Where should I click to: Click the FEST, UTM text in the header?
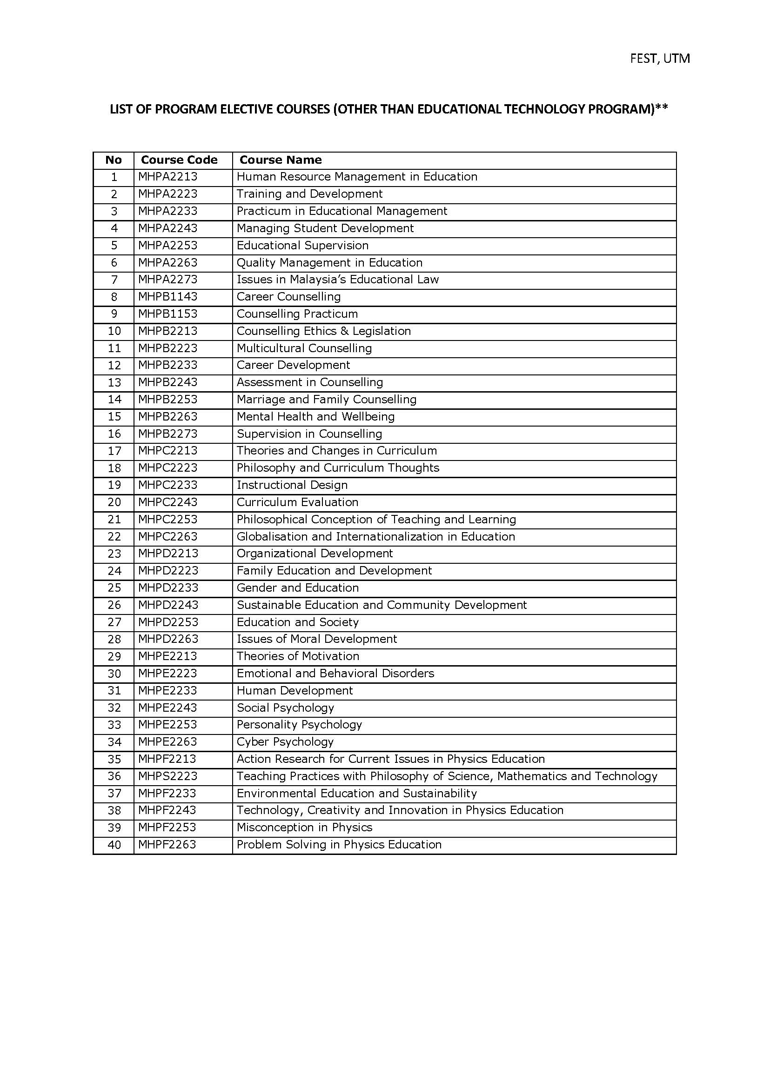click(x=660, y=58)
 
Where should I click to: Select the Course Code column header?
click(x=179, y=160)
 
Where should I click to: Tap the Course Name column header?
click(x=280, y=160)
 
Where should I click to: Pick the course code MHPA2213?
click(x=167, y=177)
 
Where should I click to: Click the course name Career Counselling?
click(x=288, y=297)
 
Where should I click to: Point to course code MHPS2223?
click(x=167, y=776)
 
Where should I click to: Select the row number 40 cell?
click(x=114, y=845)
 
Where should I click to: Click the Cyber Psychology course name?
click(x=285, y=742)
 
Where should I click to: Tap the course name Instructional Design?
click(x=292, y=485)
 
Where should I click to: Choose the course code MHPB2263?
click(x=167, y=417)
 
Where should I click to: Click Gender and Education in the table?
click(x=298, y=588)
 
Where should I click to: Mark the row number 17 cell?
click(x=114, y=451)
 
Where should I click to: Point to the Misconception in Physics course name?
click(x=304, y=827)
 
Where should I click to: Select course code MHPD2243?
click(x=168, y=605)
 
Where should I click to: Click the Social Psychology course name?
click(x=285, y=708)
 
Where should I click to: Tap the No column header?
click(x=114, y=160)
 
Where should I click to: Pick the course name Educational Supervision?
click(x=302, y=246)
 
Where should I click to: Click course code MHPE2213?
click(x=167, y=656)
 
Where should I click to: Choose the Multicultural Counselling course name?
click(x=304, y=348)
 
